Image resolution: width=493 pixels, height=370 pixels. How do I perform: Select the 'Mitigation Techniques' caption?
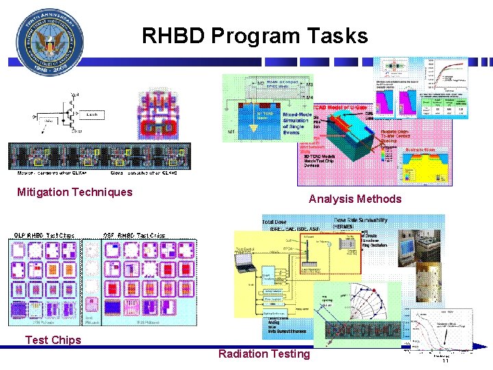75,193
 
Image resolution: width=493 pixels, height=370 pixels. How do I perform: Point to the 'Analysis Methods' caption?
355,199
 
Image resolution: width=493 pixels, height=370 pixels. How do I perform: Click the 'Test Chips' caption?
53,340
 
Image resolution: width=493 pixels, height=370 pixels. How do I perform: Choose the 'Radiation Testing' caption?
264,354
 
